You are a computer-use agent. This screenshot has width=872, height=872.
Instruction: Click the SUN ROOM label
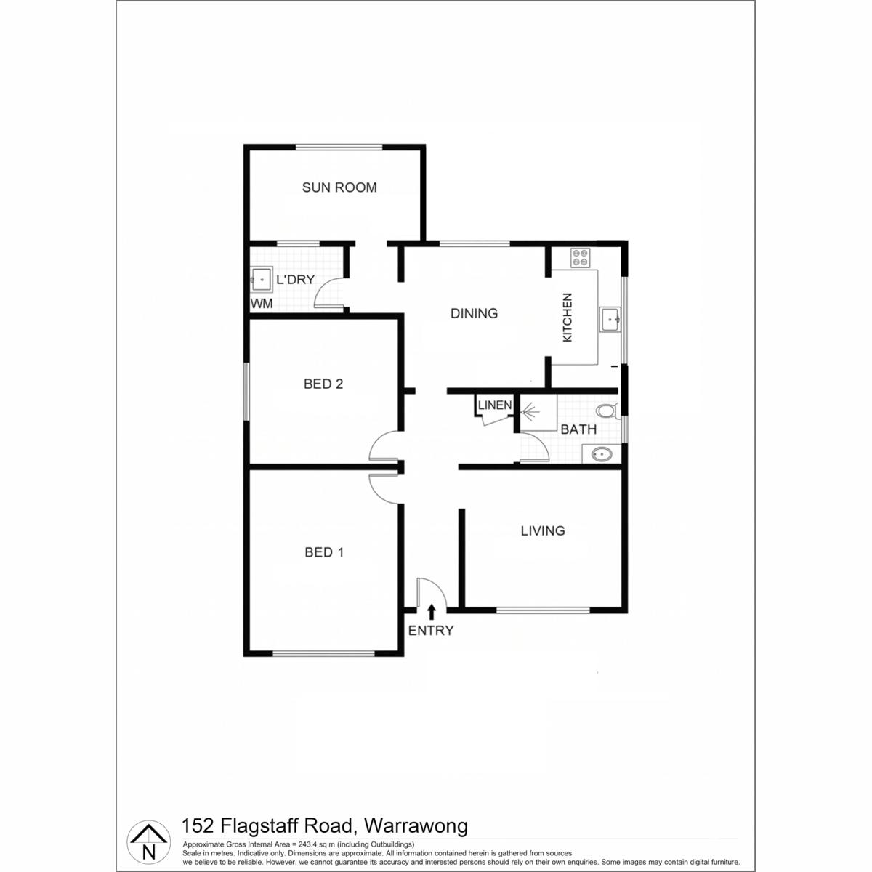coord(339,187)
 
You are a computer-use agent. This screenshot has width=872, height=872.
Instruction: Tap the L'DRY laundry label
coord(295,280)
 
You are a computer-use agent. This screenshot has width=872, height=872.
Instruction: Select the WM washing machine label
coord(262,303)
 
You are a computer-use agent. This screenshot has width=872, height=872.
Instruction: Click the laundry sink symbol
coord(262,280)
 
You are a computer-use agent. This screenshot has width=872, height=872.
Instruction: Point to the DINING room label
coord(474,313)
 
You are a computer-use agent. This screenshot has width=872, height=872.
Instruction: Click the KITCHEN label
coord(567,318)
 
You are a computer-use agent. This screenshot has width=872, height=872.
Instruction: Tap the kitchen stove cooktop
coord(580,258)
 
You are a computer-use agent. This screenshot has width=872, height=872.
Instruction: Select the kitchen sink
coord(610,320)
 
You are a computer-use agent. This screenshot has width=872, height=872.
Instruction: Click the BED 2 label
coord(323,384)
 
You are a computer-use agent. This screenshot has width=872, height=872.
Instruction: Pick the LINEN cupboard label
coord(495,405)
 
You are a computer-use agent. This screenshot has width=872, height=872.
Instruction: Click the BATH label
coord(578,429)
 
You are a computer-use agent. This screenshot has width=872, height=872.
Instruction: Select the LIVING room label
coord(543,530)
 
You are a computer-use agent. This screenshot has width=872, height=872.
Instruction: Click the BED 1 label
coord(324,552)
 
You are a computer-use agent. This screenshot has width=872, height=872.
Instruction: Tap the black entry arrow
coord(431,612)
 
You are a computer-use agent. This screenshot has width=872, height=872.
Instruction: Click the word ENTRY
coord(430,630)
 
